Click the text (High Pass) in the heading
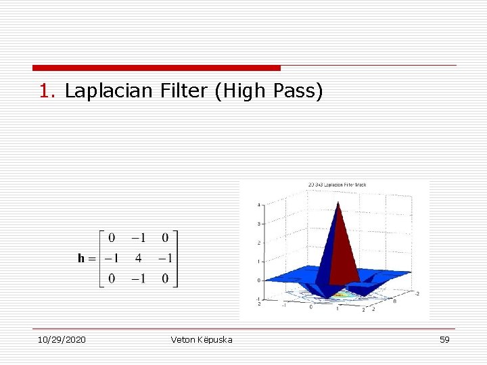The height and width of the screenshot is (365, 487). pos(269,91)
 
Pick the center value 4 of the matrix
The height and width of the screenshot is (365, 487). pos(138,258)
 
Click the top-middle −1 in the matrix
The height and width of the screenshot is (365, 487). pos(138,237)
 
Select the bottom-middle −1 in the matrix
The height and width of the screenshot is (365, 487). pos(138,278)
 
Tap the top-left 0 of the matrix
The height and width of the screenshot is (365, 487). pos(111,237)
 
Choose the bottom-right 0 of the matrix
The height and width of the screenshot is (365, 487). pos(165,278)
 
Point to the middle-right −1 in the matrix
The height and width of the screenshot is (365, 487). pos(164,258)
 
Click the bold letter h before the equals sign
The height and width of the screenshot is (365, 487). pos(81,258)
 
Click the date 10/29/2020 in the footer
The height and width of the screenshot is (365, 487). pos(62,339)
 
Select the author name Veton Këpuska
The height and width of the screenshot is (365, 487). pos(202,339)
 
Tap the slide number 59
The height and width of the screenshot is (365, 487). pos(444,339)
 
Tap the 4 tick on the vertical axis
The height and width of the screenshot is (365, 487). pos(258,205)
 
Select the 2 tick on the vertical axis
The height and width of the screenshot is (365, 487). pos(258,243)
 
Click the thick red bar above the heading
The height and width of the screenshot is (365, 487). pos(156,68)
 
